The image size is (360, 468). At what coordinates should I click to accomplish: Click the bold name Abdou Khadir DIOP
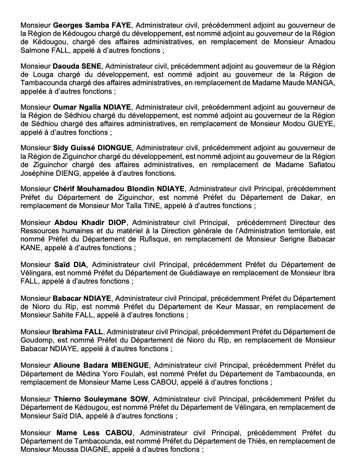click(x=90, y=222)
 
